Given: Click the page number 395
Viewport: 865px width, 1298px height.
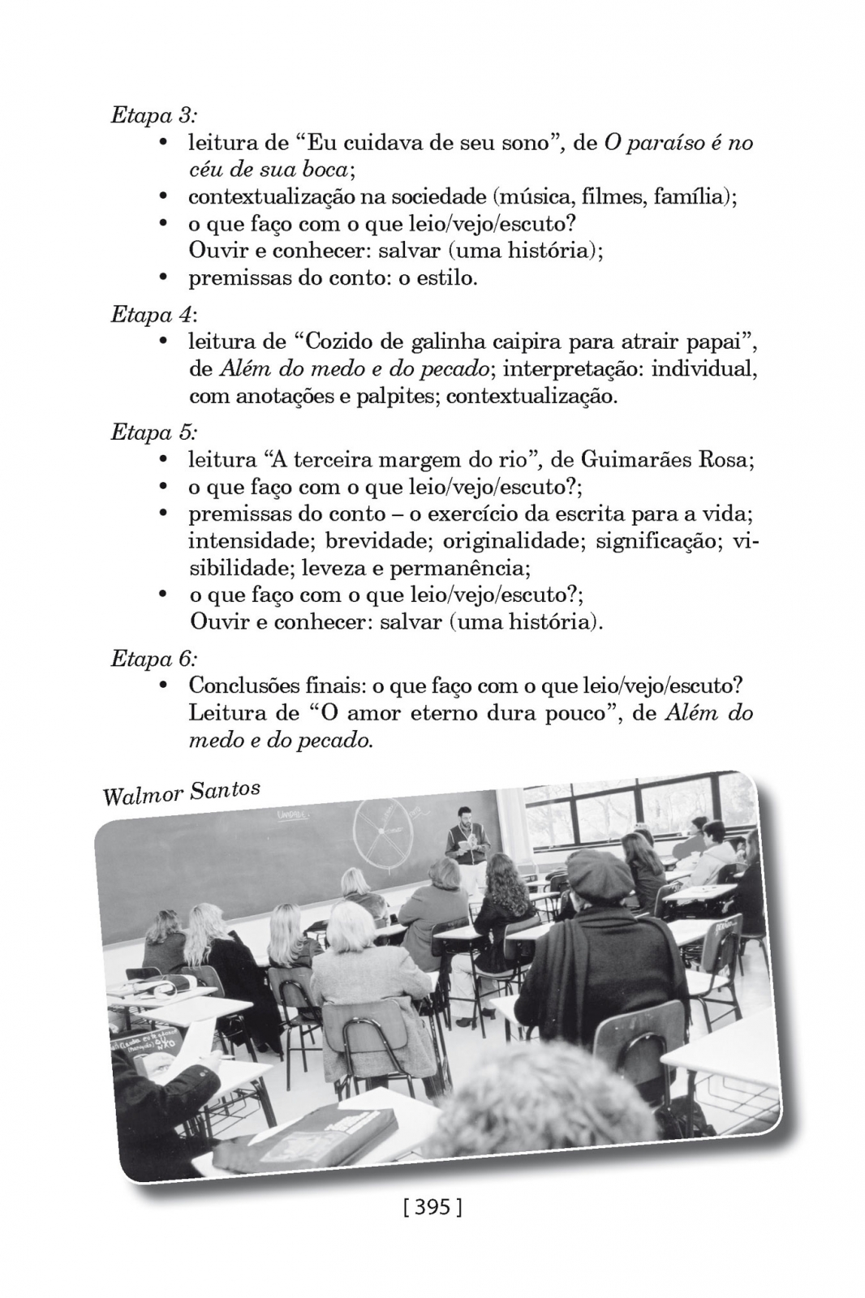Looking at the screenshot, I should coord(432,1207).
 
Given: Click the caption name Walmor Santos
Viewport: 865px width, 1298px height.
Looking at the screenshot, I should coord(181,792).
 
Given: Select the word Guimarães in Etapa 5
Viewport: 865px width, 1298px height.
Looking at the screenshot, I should coord(624,460).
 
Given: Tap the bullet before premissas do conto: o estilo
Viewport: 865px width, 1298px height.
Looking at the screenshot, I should coord(163,278).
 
